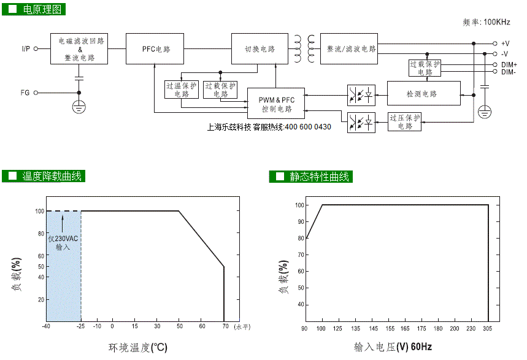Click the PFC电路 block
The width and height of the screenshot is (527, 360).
[x=155, y=48]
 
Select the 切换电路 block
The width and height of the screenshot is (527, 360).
[x=260, y=48]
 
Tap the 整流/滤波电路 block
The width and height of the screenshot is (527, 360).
[x=349, y=48]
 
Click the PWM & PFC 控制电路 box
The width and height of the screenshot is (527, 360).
[x=276, y=104]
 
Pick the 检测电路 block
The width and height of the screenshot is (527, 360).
[x=424, y=93]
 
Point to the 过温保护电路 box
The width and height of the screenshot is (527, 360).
[x=182, y=90]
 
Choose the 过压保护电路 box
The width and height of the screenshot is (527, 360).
[x=404, y=121]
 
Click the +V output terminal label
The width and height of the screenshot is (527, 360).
[x=505, y=44]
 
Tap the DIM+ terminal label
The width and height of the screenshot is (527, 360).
[x=509, y=64]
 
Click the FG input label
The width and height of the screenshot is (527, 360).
[x=25, y=93]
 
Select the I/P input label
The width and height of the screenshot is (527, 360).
[x=26, y=48]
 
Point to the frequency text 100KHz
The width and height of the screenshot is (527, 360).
[x=497, y=22]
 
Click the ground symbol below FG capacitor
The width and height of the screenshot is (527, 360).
[x=79, y=107]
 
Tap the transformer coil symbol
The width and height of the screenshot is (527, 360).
[x=304, y=48]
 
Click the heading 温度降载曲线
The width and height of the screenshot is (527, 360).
[x=52, y=176]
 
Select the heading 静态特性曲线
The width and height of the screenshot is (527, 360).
[x=319, y=177]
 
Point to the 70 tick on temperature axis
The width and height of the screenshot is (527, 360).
[x=225, y=326]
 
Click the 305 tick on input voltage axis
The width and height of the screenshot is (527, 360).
[x=487, y=328]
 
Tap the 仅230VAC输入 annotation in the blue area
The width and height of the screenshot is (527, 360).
[x=63, y=243]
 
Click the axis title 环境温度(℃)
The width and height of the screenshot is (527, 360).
[x=138, y=348]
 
